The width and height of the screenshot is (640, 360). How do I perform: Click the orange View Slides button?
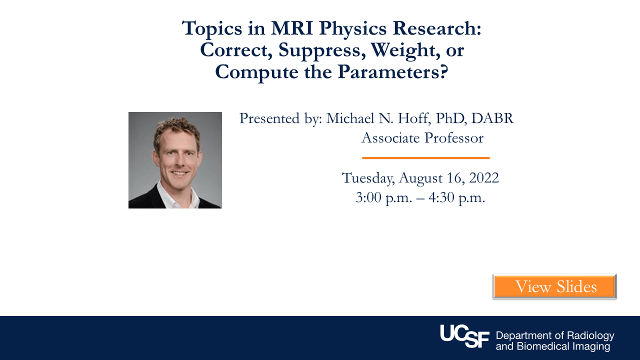(554, 286)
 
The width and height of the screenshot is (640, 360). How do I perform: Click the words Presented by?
(280, 118)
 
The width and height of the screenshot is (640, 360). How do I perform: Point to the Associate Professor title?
(422, 137)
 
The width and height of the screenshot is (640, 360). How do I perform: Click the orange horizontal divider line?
(425, 158)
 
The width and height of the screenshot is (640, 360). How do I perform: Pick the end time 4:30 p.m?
(457, 197)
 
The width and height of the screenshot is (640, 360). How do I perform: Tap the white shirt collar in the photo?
(165, 196)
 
